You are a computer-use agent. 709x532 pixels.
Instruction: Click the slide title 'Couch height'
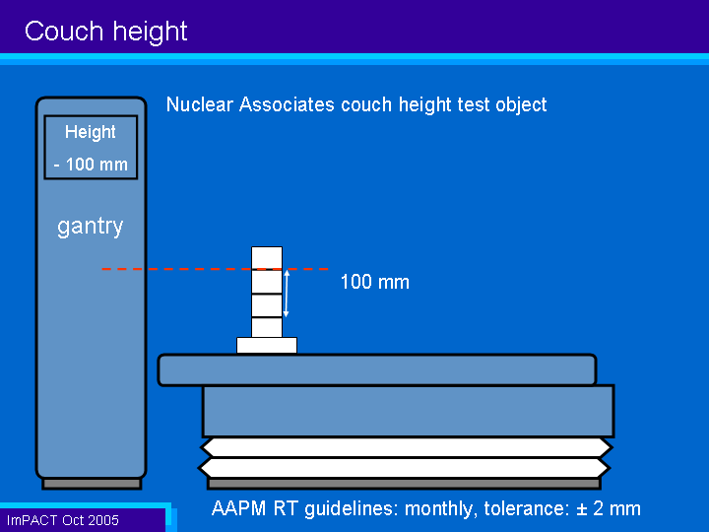tap(105, 32)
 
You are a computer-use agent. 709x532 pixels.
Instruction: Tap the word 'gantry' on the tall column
tap(90, 226)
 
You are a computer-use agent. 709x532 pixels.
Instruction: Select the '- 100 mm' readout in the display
tap(91, 165)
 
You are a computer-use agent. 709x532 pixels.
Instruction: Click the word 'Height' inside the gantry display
tap(91, 132)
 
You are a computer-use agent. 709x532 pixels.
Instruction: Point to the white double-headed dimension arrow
tap(287, 294)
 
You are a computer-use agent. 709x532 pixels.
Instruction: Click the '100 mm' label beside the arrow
tap(375, 282)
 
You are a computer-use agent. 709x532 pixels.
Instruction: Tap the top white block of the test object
tap(267, 258)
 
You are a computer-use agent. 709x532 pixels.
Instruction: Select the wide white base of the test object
tap(267, 345)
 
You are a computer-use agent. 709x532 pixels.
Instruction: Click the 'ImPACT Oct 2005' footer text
tap(62, 520)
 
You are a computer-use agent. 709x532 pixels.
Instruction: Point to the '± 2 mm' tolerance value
tap(609, 508)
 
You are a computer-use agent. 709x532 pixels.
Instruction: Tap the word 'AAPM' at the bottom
tap(238, 508)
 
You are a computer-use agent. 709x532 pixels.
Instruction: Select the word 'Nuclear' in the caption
tap(200, 104)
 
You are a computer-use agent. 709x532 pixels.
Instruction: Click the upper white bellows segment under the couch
tap(406, 448)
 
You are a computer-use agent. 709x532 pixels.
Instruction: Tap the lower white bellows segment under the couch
tap(405, 468)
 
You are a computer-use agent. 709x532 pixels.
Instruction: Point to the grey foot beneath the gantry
tap(92, 484)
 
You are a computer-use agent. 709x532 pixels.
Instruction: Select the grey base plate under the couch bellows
tap(404, 484)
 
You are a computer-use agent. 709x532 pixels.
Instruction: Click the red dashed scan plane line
tap(216, 269)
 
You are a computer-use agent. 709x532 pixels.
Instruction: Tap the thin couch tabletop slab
tap(377, 370)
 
